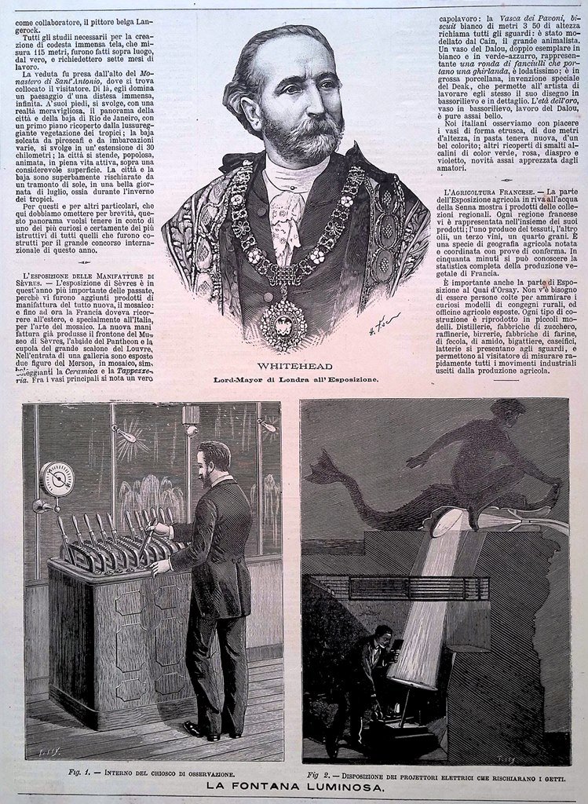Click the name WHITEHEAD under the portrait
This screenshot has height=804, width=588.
click(x=294, y=367)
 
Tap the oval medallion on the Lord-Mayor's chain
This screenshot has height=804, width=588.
click(x=283, y=322)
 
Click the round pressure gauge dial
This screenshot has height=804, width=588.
click(x=57, y=478)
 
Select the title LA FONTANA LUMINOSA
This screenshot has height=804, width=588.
click(x=294, y=786)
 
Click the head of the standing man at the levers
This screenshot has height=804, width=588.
click(x=214, y=460)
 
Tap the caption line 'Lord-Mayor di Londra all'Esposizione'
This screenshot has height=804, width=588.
click(x=295, y=380)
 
